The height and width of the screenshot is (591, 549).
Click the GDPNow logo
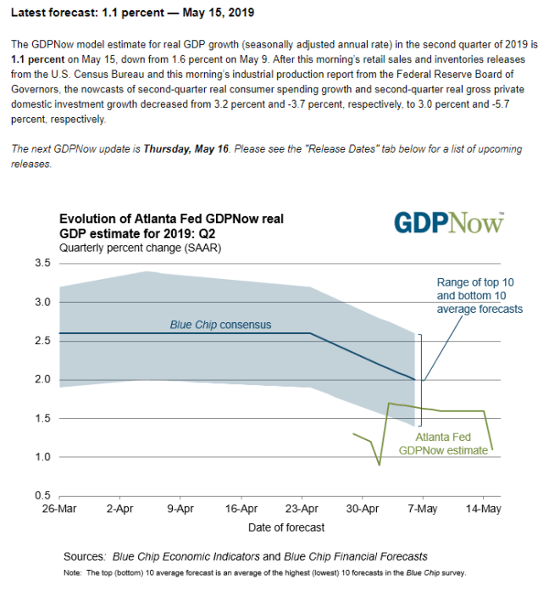(448, 223)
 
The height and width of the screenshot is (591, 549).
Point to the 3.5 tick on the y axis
(42, 264)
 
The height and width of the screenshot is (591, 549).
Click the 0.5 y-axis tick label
(42, 495)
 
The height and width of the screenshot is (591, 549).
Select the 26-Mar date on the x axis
(58, 510)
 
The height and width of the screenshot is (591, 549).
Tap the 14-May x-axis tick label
(485, 510)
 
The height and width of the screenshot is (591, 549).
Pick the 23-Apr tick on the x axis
(302, 510)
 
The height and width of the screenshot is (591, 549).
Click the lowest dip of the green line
(380, 465)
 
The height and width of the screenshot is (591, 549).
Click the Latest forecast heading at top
(131, 14)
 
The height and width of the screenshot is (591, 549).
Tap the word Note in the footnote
(73, 574)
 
